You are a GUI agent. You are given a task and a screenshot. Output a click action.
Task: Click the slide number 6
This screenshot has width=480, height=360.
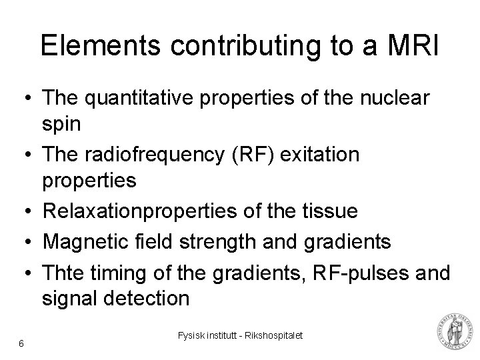22,343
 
